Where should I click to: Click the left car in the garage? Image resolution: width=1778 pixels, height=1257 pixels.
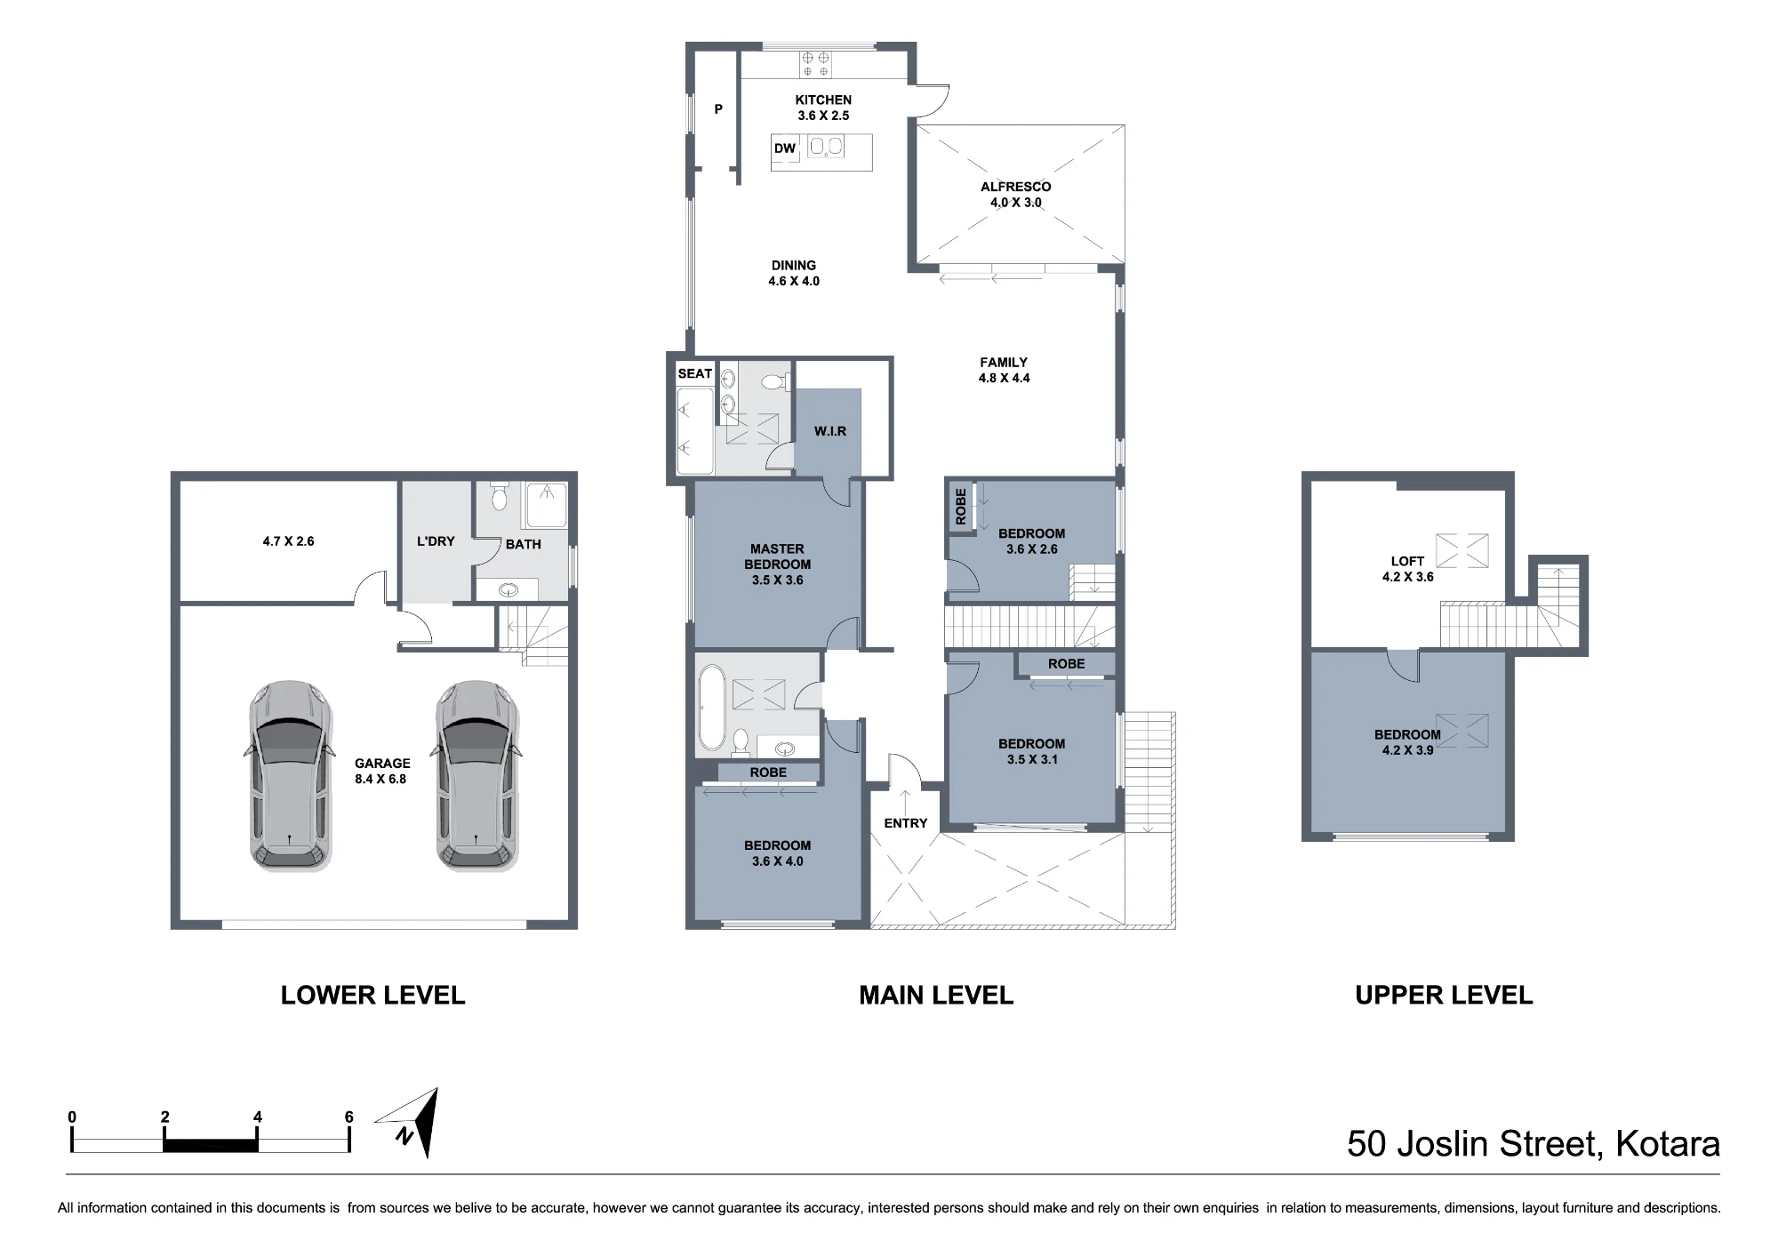tap(290, 775)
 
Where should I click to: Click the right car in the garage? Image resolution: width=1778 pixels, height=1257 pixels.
tap(477, 775)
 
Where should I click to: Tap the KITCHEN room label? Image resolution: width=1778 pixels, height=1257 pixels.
tap(823, 100)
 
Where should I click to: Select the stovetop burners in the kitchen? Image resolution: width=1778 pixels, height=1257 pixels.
tap(816, 63)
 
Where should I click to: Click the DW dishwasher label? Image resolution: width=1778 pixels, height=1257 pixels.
tap(785, 148)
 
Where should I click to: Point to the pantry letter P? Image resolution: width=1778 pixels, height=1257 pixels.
tap(718, 109)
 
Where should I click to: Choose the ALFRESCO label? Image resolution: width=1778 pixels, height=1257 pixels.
tap(1016, 187)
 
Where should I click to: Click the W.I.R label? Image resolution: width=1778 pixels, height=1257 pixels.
tap(830, 431)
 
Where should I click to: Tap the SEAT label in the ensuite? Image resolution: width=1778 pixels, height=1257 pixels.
tap(695, 373)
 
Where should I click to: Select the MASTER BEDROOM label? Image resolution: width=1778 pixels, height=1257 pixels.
tap(778, 556)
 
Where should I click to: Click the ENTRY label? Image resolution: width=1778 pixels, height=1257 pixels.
tap(906, 823)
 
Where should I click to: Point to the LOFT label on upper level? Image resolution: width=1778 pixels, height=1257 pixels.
tap(1407, 561)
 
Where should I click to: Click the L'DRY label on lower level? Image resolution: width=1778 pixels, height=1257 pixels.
tap(436, 541)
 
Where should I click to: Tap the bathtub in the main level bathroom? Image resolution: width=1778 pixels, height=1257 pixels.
tap(712, 708)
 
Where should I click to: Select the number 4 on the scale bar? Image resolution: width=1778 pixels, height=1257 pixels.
tap(258, 1117)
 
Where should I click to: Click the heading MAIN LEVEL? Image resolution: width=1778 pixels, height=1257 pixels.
tap(936, 996)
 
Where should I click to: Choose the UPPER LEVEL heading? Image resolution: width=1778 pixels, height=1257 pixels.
tap(1444, 996)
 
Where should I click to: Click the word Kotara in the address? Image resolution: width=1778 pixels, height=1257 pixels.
tap(1668, 1144)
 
